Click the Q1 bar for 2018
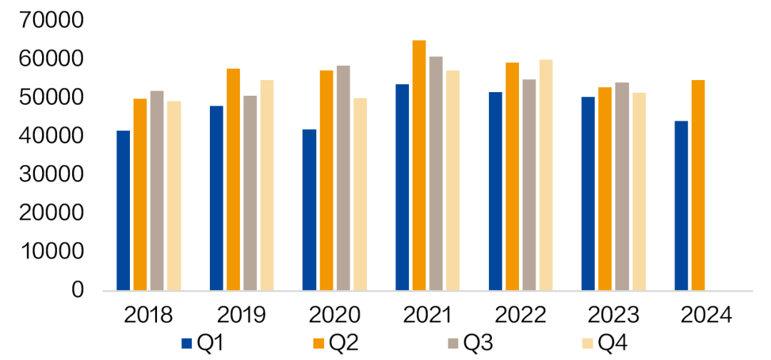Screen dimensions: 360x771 [124, 211]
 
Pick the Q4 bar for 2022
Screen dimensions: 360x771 [545, 175]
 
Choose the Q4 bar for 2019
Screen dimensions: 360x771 [267, 186]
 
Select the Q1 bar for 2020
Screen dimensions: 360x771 [309, 210]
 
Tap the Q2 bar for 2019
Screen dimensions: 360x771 [233, 179]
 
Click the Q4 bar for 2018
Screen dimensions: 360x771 [174, 196]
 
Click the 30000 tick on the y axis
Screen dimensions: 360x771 [54, 174]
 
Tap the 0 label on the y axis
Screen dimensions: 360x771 [78, 291]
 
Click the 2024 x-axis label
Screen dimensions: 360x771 [705, 314]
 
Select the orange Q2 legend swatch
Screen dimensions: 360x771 [320, 344]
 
